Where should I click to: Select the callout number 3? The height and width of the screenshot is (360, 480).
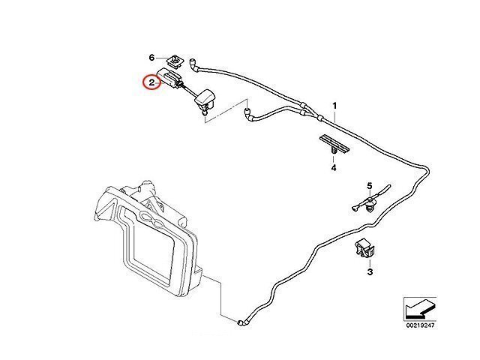pos(369,273)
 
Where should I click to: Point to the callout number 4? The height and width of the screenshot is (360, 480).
pos(333,168)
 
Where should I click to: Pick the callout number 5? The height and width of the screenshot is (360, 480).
pos(369,185)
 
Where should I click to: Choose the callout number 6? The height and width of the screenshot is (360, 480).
pos(151,58)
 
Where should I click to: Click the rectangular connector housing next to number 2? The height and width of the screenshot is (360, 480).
pos(172,78)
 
